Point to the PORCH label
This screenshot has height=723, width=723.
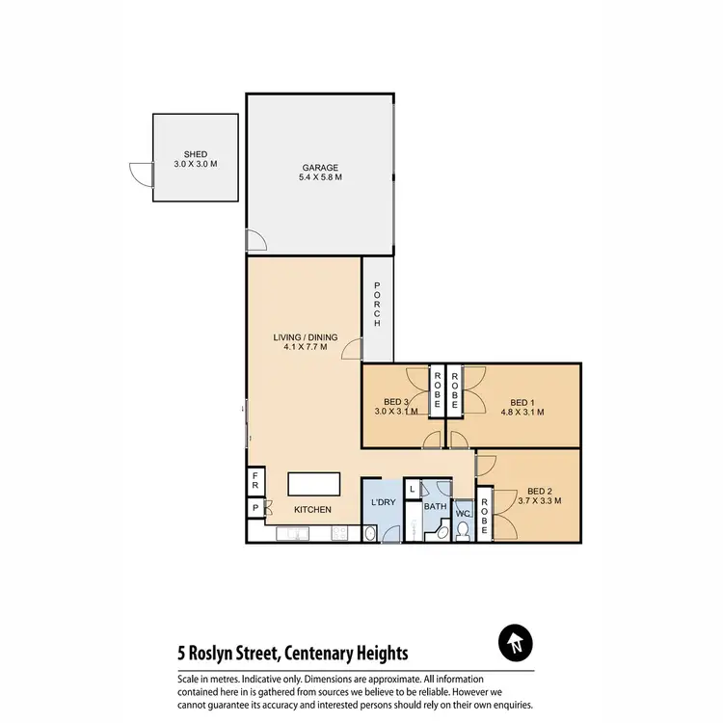(x=377, y=306)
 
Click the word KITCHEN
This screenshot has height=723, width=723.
(x=312, y=509)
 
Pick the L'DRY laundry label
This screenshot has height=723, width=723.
(x=381, y=503)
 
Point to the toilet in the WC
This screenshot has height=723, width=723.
(x=462, y=528)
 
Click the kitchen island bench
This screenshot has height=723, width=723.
(x=316, y=482)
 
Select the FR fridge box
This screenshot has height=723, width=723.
(x=255, y=478)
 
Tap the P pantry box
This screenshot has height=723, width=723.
(x=255, y=507)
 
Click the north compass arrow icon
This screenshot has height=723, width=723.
(x=517, y=644)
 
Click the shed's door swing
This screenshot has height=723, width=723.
(x=141, y=174)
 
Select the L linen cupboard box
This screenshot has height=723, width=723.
(x=413, y=490)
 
